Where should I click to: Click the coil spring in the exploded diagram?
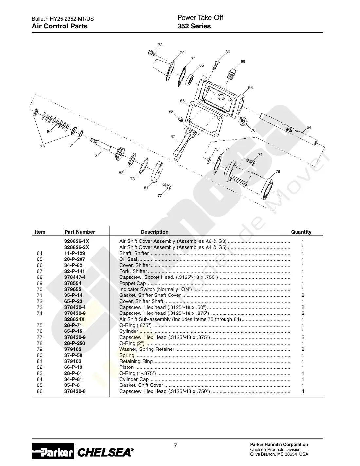pyautogui.click(x=55, y=121)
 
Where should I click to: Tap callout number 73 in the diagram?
pyautogui.click(x=160, y=45)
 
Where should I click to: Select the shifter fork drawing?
pyautogui.click(x=184, y=144)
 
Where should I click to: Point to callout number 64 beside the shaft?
pyautogui.click(x=309, y=127)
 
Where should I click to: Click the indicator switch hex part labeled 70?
pyautogui.click(x=243, y=121)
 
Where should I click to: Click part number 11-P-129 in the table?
pyautogui.click(x=75, y=253)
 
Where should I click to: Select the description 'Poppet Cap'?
pyautogui.click(x=133, y=283)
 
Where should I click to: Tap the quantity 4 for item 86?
pyautogui.click(x=303, y=391)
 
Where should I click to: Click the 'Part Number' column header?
pyautogui.click(x=80, y=232)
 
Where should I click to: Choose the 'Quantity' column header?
pyautogui.click(x=301, y=232)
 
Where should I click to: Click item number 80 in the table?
pyautogui.click(x=40, y=355)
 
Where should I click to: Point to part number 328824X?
pyautogui.click(x=74, y=319)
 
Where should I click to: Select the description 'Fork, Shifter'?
pyautogui.click(x=133, y=271)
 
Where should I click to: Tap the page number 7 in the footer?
pyautogui.click(x=175, y=446)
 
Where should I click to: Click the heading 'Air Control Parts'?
pyautogui.click(x=60, y=26)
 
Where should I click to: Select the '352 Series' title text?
pyautogui.click(x=194, y=26)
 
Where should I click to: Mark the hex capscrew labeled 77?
pyautogui.click(x=167, y=186)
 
